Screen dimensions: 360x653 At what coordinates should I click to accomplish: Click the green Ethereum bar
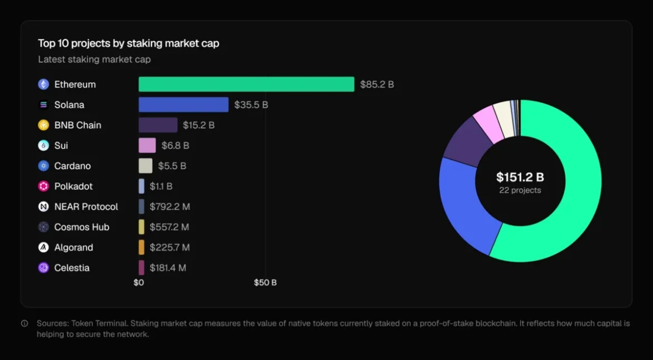(x=246, y=84)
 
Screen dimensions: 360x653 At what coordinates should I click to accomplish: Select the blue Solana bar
(x=184, y=105)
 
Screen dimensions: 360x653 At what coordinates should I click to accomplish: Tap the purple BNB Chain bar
(x=158, y=125)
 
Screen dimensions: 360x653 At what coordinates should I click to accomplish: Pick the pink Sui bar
(x=147, y=146)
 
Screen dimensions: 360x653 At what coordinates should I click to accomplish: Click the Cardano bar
(x=146, y=166)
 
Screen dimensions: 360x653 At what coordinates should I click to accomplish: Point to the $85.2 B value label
(x=377, y=85)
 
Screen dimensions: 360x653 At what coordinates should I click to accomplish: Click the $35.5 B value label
(x=251, y=105)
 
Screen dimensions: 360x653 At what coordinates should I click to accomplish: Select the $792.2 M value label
(x=170, y=207)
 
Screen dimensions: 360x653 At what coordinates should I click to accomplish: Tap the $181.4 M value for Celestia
(x=168, y=268)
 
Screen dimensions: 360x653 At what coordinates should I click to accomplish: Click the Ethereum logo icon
(x=44, y=84)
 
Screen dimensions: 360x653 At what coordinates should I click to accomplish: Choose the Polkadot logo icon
(x=44, y=186)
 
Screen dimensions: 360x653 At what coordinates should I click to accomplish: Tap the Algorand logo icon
(x=44, y=247)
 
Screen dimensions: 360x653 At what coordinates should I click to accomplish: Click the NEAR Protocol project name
(x=86, y=207)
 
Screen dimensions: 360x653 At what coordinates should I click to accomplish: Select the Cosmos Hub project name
(x=81, y=227)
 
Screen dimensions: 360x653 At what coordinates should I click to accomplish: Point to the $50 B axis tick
(x=265, y=282)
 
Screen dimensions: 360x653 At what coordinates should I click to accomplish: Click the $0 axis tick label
(x=138, y=282)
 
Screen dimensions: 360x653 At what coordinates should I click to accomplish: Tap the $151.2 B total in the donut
(x=520, y=177)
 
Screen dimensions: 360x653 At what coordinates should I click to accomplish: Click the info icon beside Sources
(x=25, y=323)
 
